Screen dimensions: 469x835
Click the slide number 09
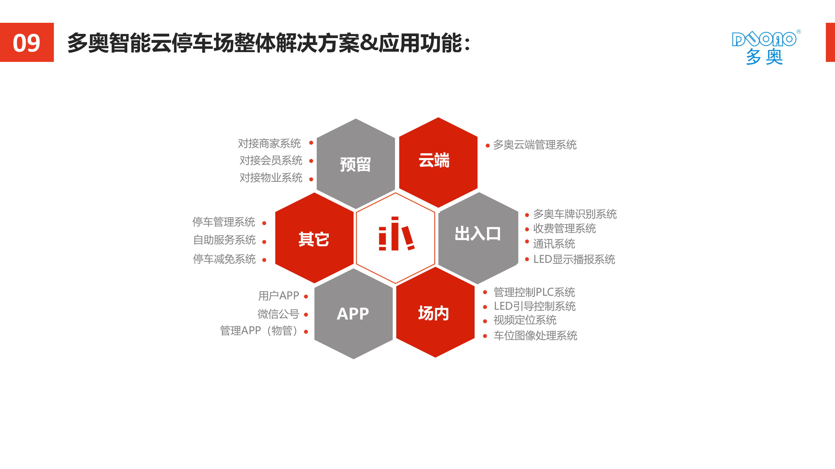coord(26,43)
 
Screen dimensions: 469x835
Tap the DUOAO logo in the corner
coord(765,48)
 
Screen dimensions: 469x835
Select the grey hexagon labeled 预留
coord(356,164)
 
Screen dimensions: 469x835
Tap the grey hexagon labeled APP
coord(353,314)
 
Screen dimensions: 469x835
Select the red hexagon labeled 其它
coord(314,239)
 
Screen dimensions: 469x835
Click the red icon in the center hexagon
coord(396,234)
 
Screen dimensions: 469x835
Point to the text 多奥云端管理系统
coord(535,145)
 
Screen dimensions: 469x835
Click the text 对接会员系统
coord(271,161)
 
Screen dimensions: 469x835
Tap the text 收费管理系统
coord(564,229)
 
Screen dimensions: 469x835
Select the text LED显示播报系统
coord(574,260)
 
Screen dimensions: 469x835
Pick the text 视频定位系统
coord(525,320)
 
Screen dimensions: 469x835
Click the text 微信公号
coord(278,314)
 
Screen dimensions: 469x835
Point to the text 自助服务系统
coord(224,240)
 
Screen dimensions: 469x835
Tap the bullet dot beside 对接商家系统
coord(311,143)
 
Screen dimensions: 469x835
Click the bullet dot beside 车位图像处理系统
coord(485,336)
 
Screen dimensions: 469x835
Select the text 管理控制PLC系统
coord(534,292)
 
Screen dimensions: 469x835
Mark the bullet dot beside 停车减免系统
coord(264,260)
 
